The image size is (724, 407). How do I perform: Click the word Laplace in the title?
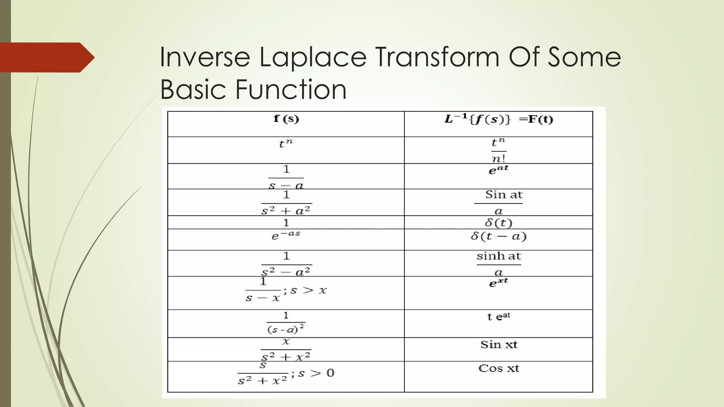313,57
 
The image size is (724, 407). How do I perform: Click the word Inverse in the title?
205,57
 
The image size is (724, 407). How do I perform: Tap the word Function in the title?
291,89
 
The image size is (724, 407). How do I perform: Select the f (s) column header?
286,119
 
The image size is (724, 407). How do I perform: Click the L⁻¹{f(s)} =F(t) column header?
498,119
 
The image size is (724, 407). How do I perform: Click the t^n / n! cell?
498,150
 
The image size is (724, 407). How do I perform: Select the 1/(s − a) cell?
286,177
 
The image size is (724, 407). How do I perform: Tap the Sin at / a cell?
498,202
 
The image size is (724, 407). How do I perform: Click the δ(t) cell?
498,223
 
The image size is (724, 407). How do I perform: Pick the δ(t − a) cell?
498,236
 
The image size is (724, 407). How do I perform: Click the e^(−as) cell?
286,235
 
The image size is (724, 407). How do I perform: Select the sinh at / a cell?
498,264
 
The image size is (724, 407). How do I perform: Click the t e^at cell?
498,316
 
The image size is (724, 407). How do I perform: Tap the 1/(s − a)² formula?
286,323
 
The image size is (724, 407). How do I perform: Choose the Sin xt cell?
498,344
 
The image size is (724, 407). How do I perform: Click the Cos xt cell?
498,368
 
